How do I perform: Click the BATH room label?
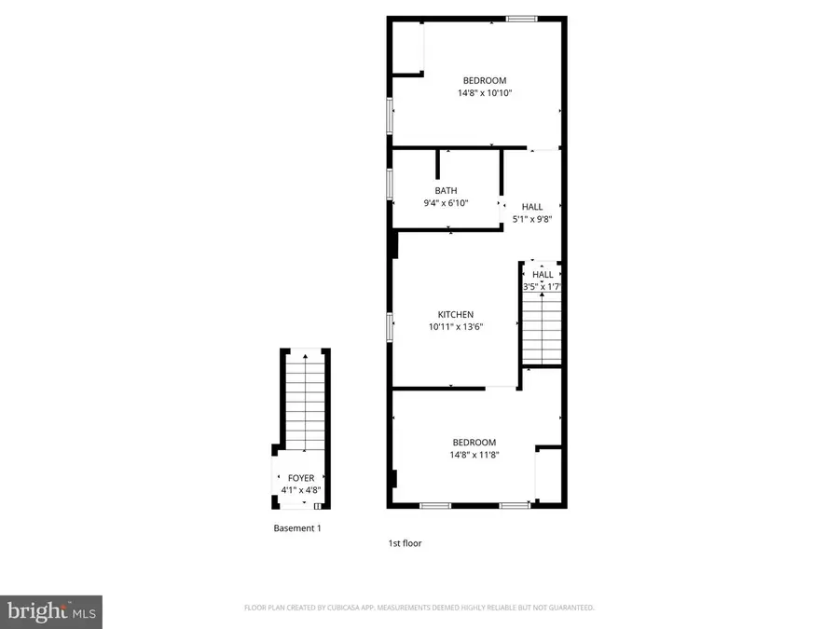(446, 191)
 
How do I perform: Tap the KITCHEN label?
(457, 315)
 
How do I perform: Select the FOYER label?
(301, 478)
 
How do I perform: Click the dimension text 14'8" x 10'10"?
(485, 93)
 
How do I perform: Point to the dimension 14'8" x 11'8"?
(474, 455)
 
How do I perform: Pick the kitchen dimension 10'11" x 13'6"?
(457, 327)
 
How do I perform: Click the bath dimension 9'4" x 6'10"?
(446, 203)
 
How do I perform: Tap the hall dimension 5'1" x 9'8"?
(531, 220)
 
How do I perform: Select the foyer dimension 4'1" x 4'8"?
(301, 490)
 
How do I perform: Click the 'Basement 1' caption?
(297, 528)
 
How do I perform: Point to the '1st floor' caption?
(405, 542)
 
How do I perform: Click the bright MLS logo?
(51, 611)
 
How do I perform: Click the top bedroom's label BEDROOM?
(485, 80)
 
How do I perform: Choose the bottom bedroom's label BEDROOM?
(474, 443)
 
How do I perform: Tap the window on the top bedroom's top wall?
(521, 17)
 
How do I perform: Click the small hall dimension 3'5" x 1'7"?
(543, 287)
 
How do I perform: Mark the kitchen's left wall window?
(390, 327)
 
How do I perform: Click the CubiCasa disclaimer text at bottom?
(419, 608)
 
